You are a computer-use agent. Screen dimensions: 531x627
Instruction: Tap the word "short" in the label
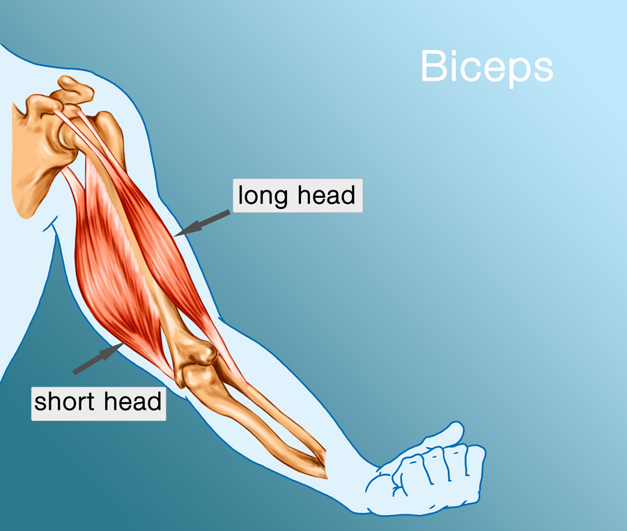point(65,401)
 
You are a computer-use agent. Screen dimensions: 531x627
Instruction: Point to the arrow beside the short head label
point(97,360)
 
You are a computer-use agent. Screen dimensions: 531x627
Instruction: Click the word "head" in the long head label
point(326,196)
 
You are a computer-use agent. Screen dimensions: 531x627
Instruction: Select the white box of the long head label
point(297,196)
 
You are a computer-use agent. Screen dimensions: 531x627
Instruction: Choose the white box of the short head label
point(98,401)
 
